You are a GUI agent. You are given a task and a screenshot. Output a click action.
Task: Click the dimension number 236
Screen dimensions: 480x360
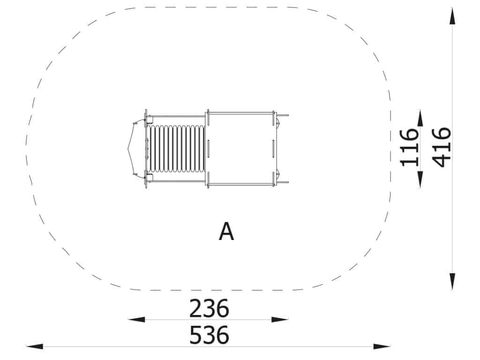209,308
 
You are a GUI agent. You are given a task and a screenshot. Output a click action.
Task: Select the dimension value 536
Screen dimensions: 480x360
209,335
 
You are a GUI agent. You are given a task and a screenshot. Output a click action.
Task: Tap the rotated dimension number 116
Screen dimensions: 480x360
409,148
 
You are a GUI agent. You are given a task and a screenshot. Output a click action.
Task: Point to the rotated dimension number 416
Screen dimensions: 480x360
442,148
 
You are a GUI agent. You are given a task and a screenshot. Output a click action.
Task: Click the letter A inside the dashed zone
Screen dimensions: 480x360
226,232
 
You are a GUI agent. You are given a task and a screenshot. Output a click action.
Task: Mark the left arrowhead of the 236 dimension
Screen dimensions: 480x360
136,320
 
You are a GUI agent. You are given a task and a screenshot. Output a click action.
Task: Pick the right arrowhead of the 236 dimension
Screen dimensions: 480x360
280,320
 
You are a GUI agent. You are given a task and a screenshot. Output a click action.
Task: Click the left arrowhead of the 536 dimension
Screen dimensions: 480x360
35,346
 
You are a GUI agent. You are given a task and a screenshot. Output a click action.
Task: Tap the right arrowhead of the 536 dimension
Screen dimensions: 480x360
382,346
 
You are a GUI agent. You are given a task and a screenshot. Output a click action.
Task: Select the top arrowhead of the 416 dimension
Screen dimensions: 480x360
452,16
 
